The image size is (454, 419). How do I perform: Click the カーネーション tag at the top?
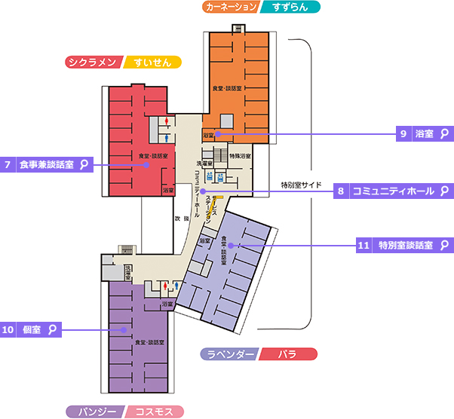[231, 7]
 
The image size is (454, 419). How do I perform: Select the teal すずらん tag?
[292, 7]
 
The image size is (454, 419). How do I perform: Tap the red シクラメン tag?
[93, 63]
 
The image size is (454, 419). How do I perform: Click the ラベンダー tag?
[230, 353]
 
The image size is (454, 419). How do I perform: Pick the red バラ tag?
[287, 353]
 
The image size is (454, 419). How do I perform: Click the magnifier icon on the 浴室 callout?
[445, 133]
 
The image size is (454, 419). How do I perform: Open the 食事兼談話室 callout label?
[45, 164]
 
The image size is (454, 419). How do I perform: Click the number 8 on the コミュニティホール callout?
[341, 191]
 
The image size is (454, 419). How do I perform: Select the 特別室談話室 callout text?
[405, 245]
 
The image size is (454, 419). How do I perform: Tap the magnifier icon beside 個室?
[53, 329]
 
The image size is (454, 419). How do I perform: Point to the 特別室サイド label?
[301, 185]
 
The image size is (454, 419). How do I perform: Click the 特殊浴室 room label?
[241, 156]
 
